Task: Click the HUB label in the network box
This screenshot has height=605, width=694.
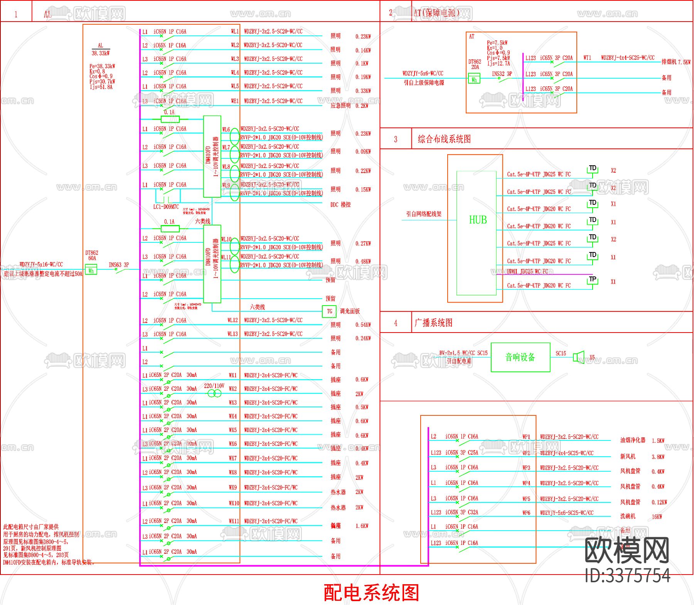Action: [478, 220]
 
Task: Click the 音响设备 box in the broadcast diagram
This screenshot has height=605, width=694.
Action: [520, 357]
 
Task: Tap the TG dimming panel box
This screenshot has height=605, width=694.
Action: [329, 311]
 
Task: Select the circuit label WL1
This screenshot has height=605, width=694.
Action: [235, 32]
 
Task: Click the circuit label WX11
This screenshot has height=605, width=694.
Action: [234, 521]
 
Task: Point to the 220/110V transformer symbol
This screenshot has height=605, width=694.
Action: [215, 393]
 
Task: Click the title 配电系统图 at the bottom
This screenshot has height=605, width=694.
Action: [371, 592]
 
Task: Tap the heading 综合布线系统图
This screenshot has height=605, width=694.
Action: [444, 139]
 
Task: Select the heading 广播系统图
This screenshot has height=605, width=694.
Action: [433, 323]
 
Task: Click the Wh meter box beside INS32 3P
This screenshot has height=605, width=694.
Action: [474, 80]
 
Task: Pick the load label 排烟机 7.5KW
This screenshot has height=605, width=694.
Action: [676, 62]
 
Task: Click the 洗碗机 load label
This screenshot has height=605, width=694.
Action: [628, 516]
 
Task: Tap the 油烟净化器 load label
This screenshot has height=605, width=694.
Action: [633, 440]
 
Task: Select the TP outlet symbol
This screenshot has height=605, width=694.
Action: [593, 280]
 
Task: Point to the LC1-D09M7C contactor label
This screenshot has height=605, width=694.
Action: [166, 207]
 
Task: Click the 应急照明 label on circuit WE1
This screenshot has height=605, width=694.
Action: [340, 105]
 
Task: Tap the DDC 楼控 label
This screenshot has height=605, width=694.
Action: [340, 205]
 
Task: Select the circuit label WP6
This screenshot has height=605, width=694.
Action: [526, 513]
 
